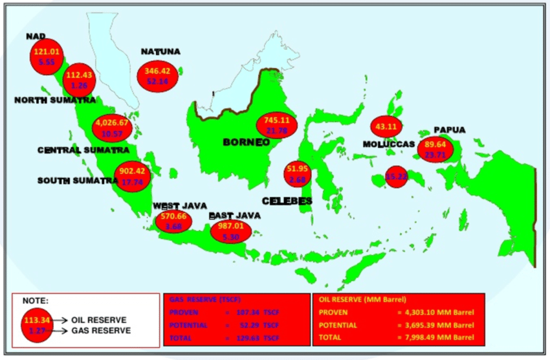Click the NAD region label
point(36,36)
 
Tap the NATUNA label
point(161,52)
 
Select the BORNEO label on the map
point(247,142)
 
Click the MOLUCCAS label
point(388,143)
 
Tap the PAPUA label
point(449,129)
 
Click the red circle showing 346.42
point(159,76)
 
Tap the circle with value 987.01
point(230,232)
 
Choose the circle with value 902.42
point(132,177)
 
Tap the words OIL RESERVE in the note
point(98,320)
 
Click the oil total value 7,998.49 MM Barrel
point(437,338)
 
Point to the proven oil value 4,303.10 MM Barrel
point(437,311)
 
